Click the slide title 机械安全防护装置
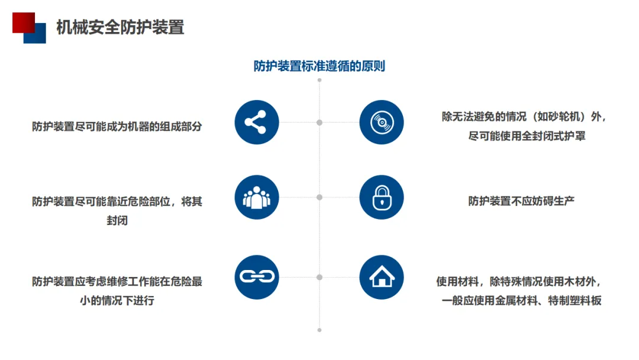click(x=120, y=27)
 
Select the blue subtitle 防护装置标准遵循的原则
click(x=319, y=66)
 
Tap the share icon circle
click(x=256, y=123)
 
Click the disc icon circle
click(x=382, y=123)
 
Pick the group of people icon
click(x=256, y=197)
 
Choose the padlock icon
click(x=382, y=197)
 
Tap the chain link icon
click(x=256, y=277)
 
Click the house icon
click(x=382, y=277)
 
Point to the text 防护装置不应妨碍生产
click(x=521, y=201)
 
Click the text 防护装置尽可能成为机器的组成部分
click(x=117, y=126)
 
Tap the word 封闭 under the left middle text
click(x=117, y=221)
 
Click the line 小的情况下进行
click(x=117, y=300)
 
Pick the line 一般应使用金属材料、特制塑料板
click(x=521, y=300)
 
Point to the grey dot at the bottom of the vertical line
click(x=319, y=330)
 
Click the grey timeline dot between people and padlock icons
click(x=319, y=197)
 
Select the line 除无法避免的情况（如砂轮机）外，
click(x=524, y=117)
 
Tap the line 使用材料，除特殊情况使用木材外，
click(x=521, y=282)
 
